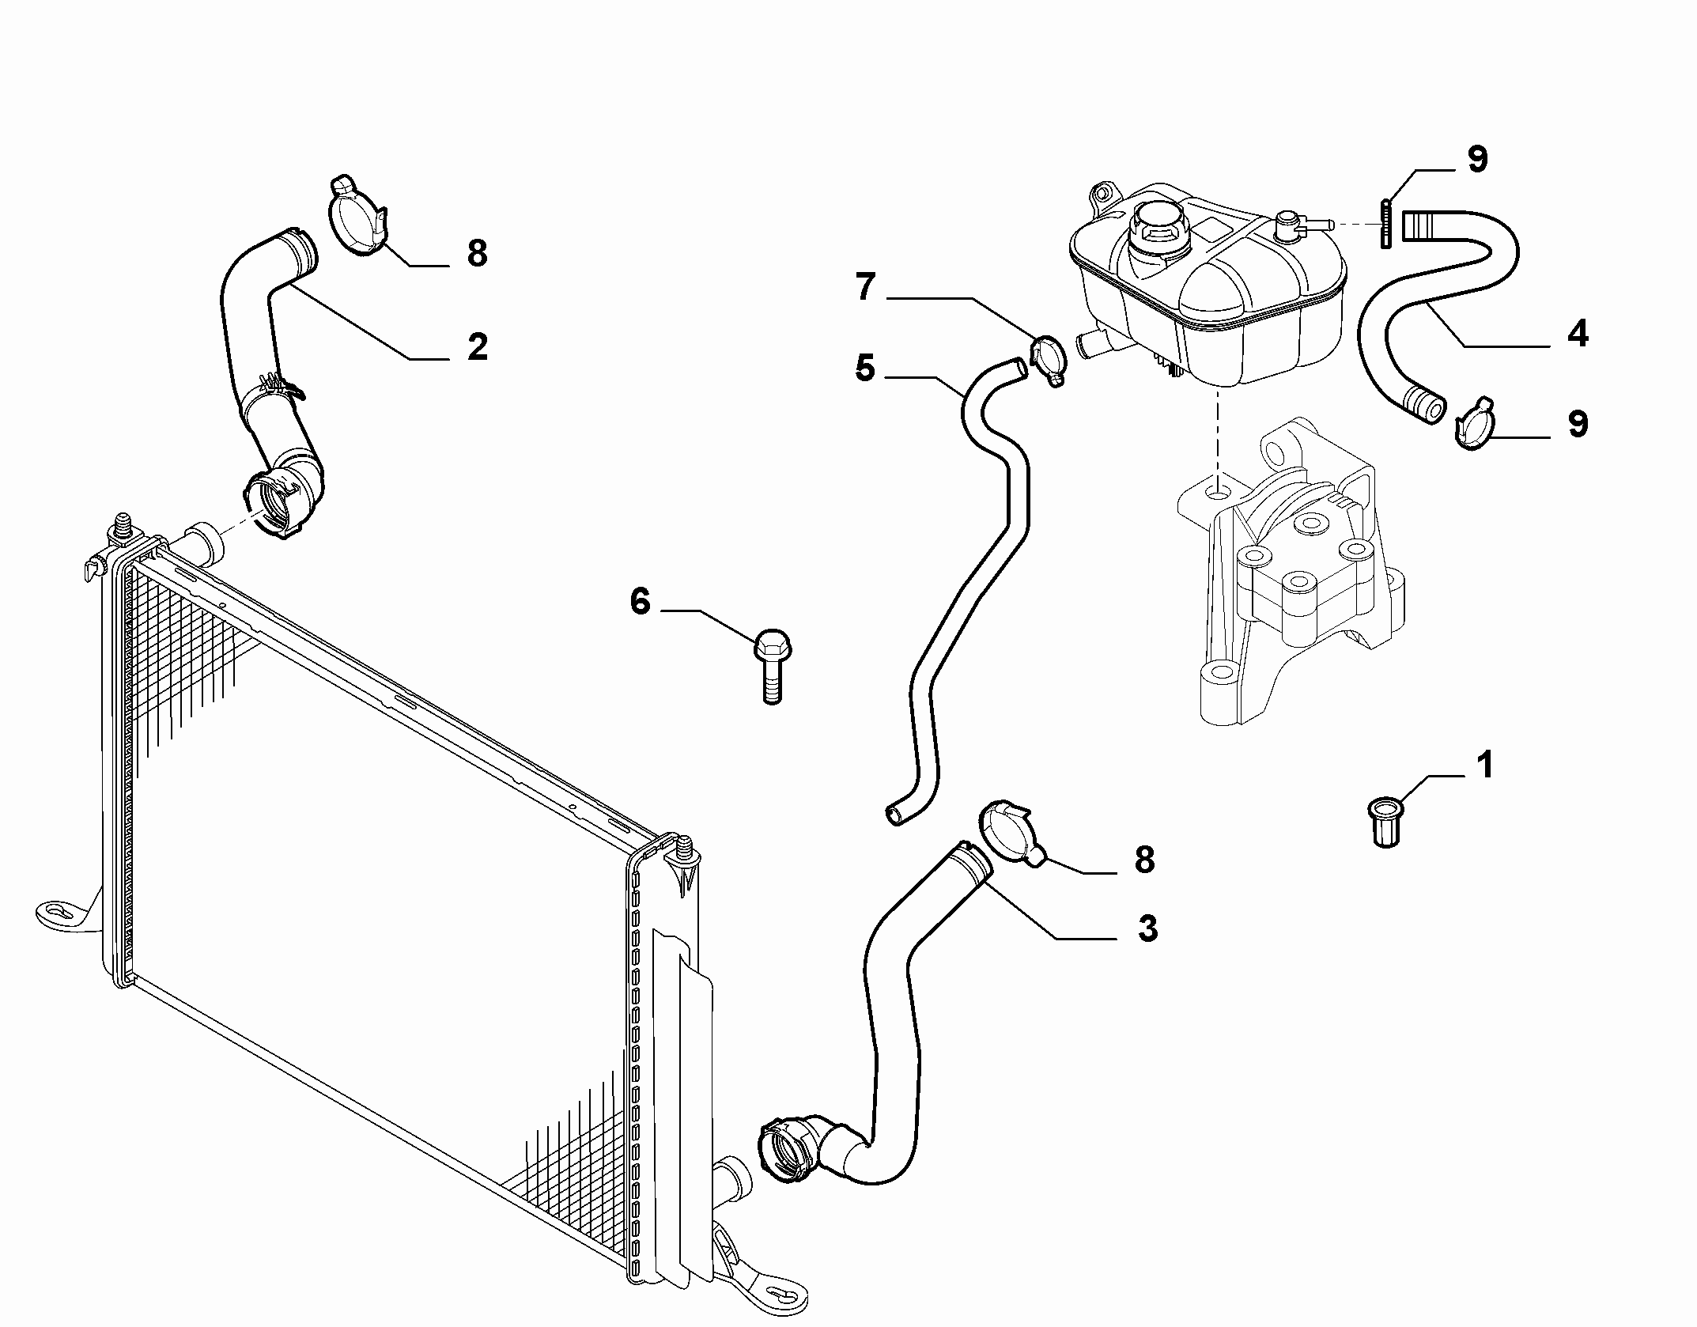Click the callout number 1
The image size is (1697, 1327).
pos(1485,765)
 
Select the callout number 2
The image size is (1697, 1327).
pos(477,346)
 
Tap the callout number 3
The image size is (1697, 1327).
pos(1147,928)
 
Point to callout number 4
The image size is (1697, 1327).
pos(1578,334)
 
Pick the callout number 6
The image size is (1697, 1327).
pos(640,601)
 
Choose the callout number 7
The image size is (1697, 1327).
pos(865,287)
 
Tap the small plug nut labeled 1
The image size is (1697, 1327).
pos(1385,822)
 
